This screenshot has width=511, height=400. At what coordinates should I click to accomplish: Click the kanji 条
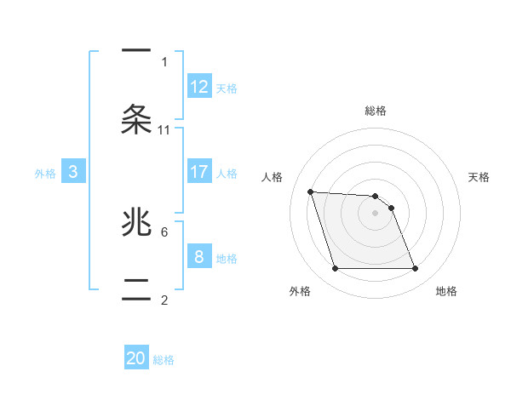136,119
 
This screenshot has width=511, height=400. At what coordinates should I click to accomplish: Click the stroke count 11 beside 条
164,130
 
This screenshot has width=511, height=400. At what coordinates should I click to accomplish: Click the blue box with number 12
199,87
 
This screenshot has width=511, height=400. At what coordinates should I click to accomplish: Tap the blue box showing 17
199,172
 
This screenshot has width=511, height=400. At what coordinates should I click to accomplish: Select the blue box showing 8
199,256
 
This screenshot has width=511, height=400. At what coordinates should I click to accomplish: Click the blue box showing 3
73,172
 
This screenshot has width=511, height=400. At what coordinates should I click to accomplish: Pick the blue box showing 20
136,358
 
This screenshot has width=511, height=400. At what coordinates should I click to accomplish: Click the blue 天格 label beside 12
227,89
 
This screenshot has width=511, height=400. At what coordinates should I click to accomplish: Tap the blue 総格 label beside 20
164,360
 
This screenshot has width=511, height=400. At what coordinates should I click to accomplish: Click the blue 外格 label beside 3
45,174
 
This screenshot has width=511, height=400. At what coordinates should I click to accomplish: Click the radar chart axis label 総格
376,111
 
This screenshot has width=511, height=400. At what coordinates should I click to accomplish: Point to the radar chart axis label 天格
479,177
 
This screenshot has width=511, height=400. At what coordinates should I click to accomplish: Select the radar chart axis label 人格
273,177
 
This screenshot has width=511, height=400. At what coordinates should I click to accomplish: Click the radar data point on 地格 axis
415,269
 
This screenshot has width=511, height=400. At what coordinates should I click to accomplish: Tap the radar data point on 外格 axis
335,269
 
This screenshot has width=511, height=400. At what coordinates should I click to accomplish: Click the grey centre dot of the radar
375,214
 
